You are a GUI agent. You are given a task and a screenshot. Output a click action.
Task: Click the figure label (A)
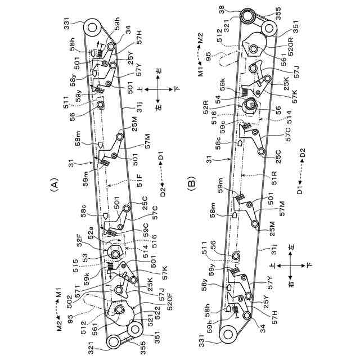(55, 183)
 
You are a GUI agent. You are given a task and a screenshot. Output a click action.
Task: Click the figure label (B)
(191, 183)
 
